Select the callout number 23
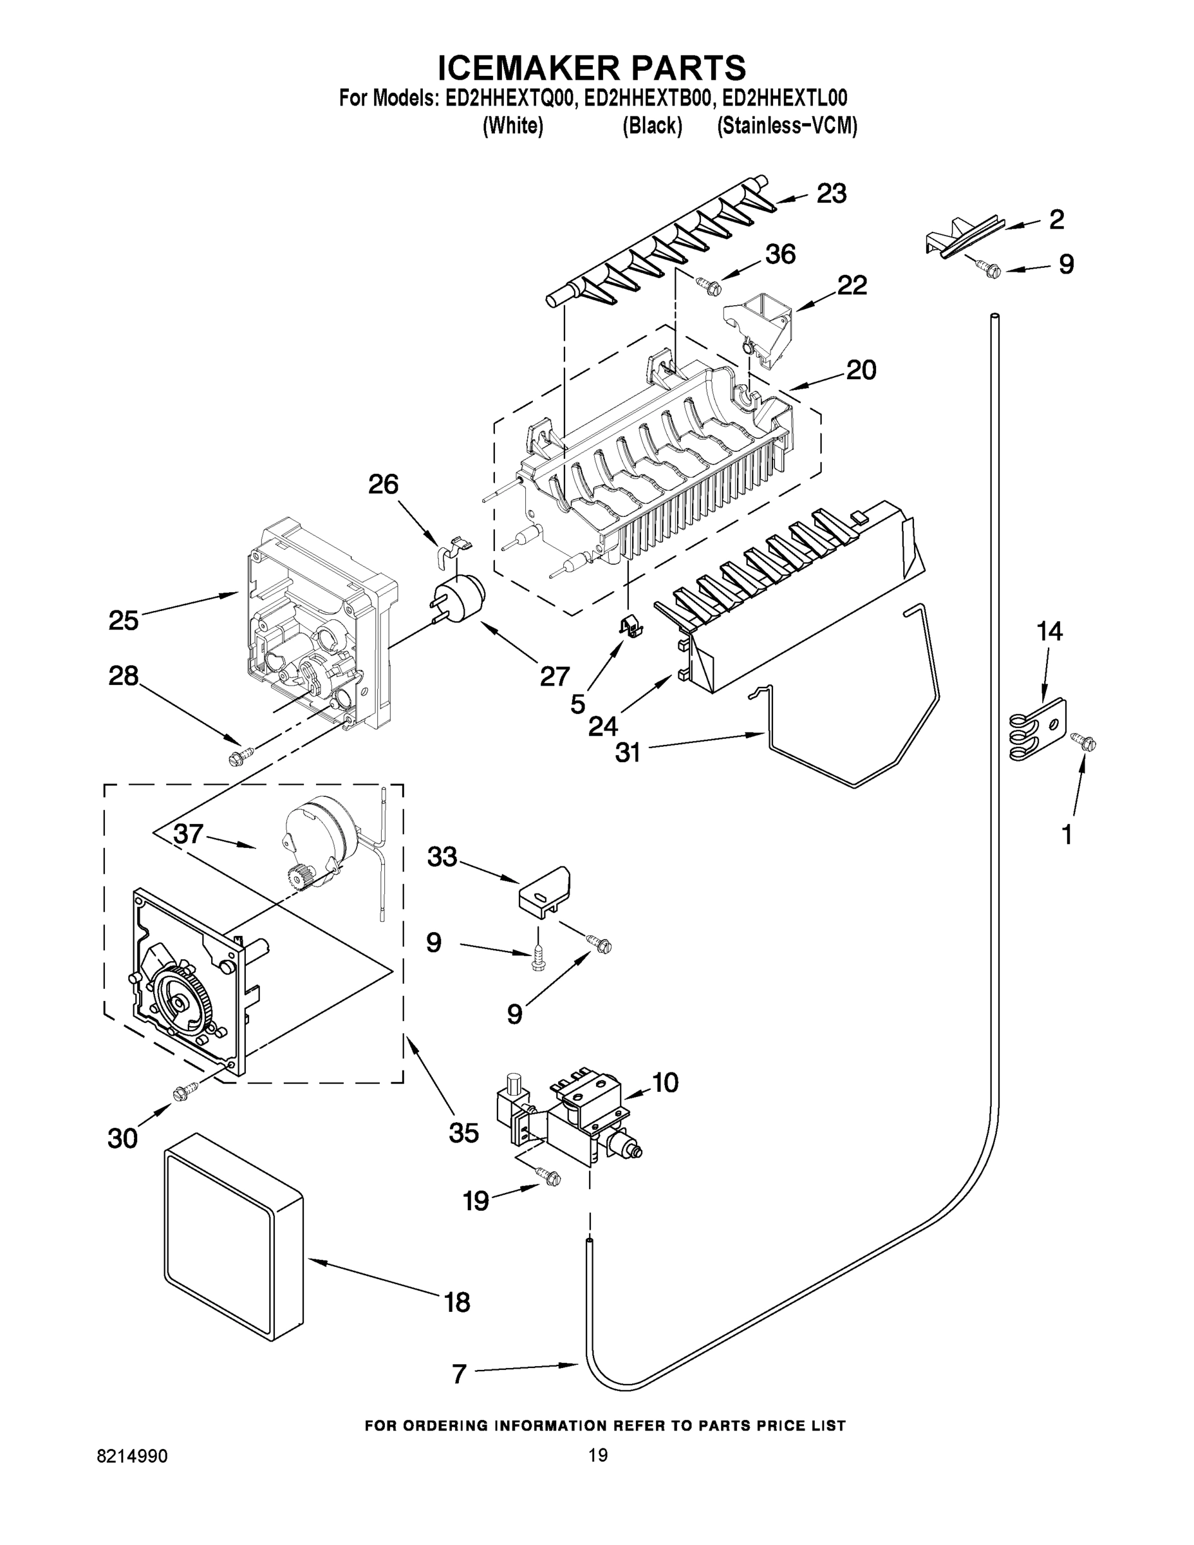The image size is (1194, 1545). [831, 194]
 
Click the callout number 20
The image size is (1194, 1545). [861, 370]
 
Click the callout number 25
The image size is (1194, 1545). [123, 621]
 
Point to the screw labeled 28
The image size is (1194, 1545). [236, 758]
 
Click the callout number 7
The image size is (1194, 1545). [459, 1374]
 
